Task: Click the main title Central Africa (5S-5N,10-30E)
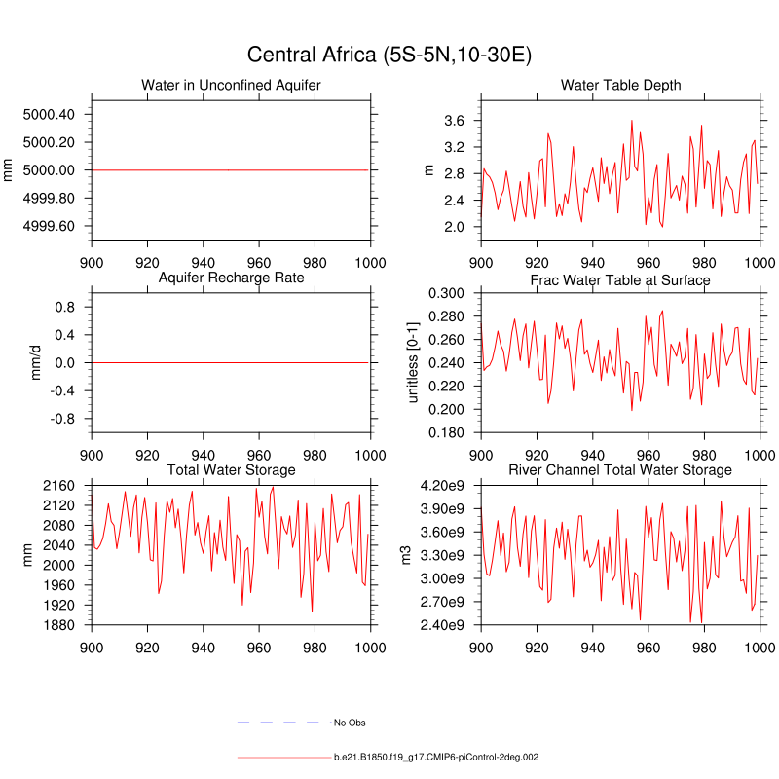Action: (389, 54)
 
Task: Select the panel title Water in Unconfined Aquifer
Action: (231, 86)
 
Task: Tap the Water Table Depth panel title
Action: (620, 86)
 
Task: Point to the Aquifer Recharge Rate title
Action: (231, 278)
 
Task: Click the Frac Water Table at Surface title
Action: (620, 280)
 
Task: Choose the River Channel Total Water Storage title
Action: (620, 470)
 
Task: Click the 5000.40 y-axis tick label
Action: (48, 115)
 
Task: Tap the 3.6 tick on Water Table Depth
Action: (454, 121)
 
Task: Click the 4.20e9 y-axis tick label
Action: (442, 486)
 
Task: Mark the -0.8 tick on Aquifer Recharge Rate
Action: (63, 419)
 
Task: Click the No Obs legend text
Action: (350, 723)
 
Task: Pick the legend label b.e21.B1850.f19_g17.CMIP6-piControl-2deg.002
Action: (437, 757)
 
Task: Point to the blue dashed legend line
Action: (278, 723)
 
